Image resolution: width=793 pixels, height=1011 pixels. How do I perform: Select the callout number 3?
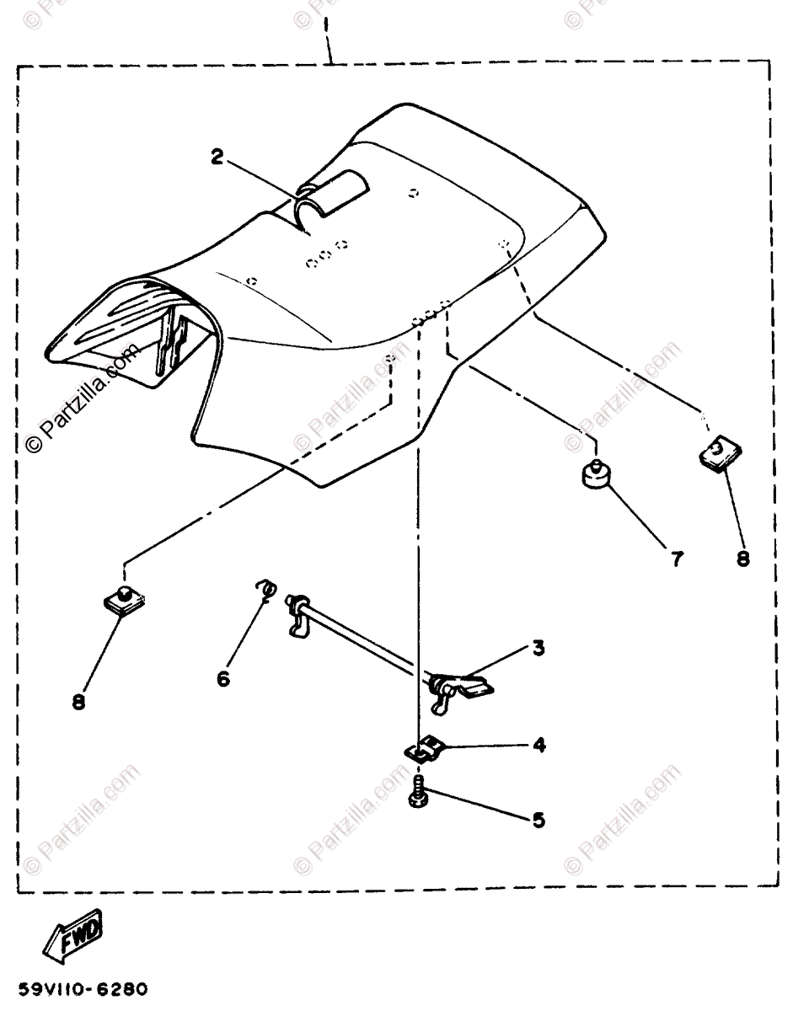coord(538,648)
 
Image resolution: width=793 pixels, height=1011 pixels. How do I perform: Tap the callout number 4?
coord(538,745)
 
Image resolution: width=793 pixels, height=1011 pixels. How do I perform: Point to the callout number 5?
coord(538,818)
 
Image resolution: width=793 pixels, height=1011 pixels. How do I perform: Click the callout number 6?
coord(223,678)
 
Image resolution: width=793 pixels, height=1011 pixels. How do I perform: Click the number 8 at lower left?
coord(78,702)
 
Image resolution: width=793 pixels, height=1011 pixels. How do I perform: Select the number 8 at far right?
coord(742,557)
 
